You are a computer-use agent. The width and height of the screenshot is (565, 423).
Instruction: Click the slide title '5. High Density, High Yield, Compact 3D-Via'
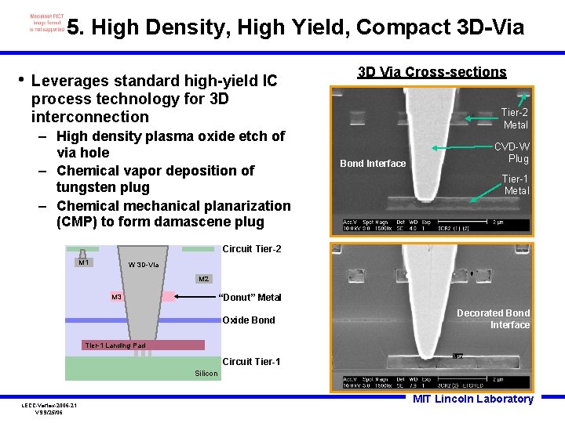(295, 27)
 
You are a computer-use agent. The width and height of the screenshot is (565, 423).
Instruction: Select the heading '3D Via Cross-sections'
(432, 72)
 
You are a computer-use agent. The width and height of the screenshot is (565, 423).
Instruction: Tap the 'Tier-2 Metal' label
(515, 118)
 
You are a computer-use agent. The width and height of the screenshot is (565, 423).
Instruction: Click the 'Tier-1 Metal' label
(515, 185)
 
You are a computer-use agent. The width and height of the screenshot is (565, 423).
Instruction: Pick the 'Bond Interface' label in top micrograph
(373, 163)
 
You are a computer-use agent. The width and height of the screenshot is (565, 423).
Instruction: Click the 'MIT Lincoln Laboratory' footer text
(473, 399)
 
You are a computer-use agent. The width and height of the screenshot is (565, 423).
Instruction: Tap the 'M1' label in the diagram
(83, 262)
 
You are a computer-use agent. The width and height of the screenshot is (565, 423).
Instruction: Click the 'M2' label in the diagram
(204, 279)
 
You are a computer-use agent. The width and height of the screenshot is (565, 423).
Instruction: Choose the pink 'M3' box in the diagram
(116, 297)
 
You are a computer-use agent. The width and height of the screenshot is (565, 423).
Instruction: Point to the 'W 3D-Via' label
(143, 265)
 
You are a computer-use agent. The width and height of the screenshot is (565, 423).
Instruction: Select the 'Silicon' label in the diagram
(206, 374)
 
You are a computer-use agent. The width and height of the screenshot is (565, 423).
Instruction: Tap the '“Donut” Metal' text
(250, 297)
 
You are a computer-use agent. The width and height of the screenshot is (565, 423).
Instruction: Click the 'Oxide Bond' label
(249, 320)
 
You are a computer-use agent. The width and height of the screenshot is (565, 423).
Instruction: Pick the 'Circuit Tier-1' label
(251, 362)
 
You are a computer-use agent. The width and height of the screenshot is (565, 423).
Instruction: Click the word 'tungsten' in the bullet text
(85, 187)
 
